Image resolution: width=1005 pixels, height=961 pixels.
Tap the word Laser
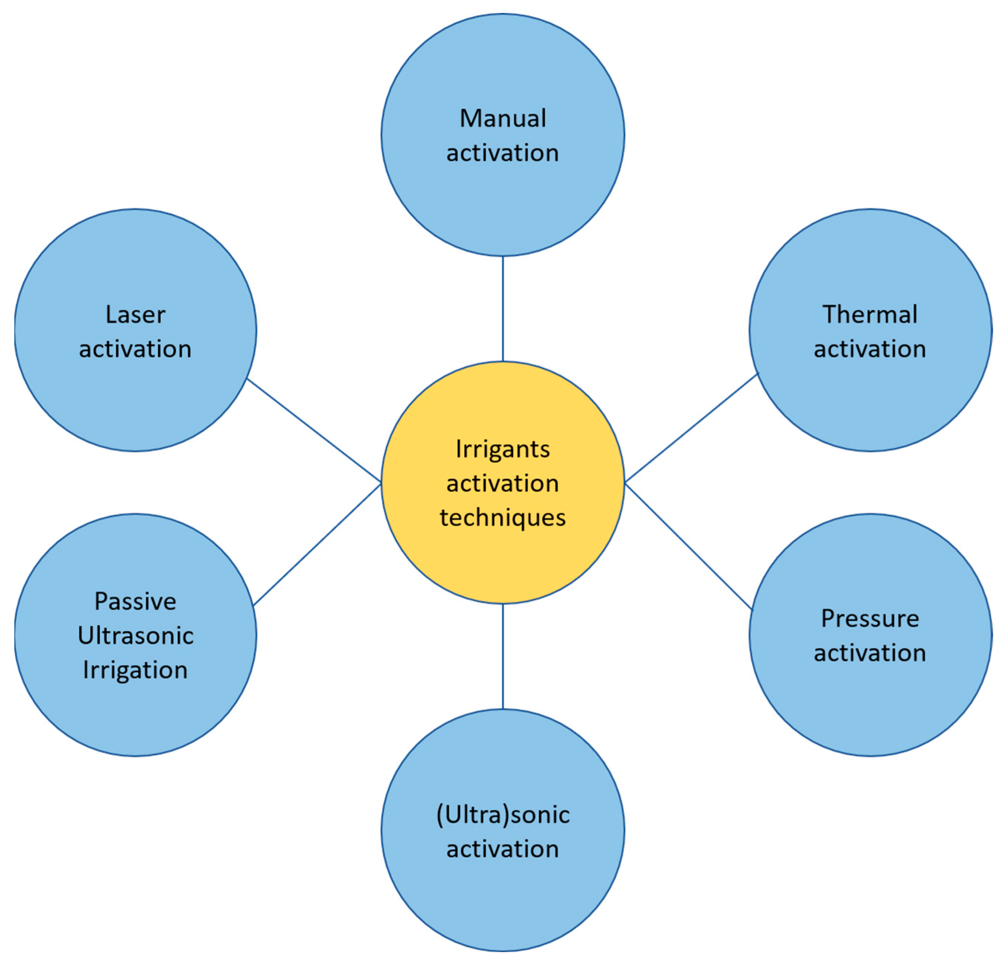click(135, 315)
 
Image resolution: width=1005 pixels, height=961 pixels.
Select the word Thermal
click(870, 315)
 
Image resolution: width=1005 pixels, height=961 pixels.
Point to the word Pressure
click(870, 619)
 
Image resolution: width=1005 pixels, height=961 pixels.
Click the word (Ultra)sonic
click(502, 814)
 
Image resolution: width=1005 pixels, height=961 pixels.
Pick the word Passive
click(135, 601)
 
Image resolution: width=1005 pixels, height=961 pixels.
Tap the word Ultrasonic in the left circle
click(135, 636)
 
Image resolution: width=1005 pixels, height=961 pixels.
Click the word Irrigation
click(135, 670)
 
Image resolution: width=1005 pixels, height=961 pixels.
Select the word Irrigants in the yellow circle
click(502, 449)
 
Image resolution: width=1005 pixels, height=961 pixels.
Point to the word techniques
click(502, 517)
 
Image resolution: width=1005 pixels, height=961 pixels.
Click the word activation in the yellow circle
click(502, 483)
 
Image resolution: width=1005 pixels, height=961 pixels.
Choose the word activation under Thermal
click(870, 349)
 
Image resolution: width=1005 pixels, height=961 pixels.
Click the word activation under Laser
click(135, 349)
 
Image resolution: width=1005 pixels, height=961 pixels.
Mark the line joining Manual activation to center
click(502, 309)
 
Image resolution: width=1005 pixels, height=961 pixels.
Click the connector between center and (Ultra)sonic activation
click(502, 657)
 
